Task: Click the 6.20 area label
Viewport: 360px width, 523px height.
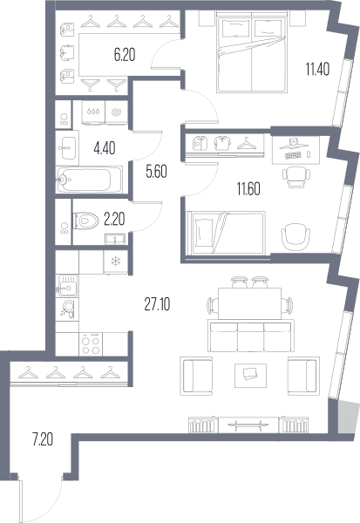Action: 125,55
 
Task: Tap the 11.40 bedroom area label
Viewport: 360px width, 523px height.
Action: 317,70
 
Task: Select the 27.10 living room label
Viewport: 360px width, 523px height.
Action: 157,304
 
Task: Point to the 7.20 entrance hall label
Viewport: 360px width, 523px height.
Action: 43,439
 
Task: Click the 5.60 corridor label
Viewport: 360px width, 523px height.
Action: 156,172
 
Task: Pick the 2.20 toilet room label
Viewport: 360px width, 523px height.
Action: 114,220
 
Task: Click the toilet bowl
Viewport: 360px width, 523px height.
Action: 85,221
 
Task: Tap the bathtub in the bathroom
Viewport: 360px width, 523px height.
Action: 89,180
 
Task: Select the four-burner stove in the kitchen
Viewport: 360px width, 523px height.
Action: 91,344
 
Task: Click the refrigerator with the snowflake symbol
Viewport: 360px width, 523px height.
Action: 115,261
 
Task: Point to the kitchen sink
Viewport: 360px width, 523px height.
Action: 67,286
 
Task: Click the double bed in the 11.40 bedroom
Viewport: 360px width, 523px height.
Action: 252,51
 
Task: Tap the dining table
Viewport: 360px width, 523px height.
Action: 249,303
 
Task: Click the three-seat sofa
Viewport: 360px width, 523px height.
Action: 251,336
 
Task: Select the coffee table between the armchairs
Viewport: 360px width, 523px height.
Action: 250,376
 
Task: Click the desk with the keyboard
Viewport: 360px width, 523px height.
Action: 295,150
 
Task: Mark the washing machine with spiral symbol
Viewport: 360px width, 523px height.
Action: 117,112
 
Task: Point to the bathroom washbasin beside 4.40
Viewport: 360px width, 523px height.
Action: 67,148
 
